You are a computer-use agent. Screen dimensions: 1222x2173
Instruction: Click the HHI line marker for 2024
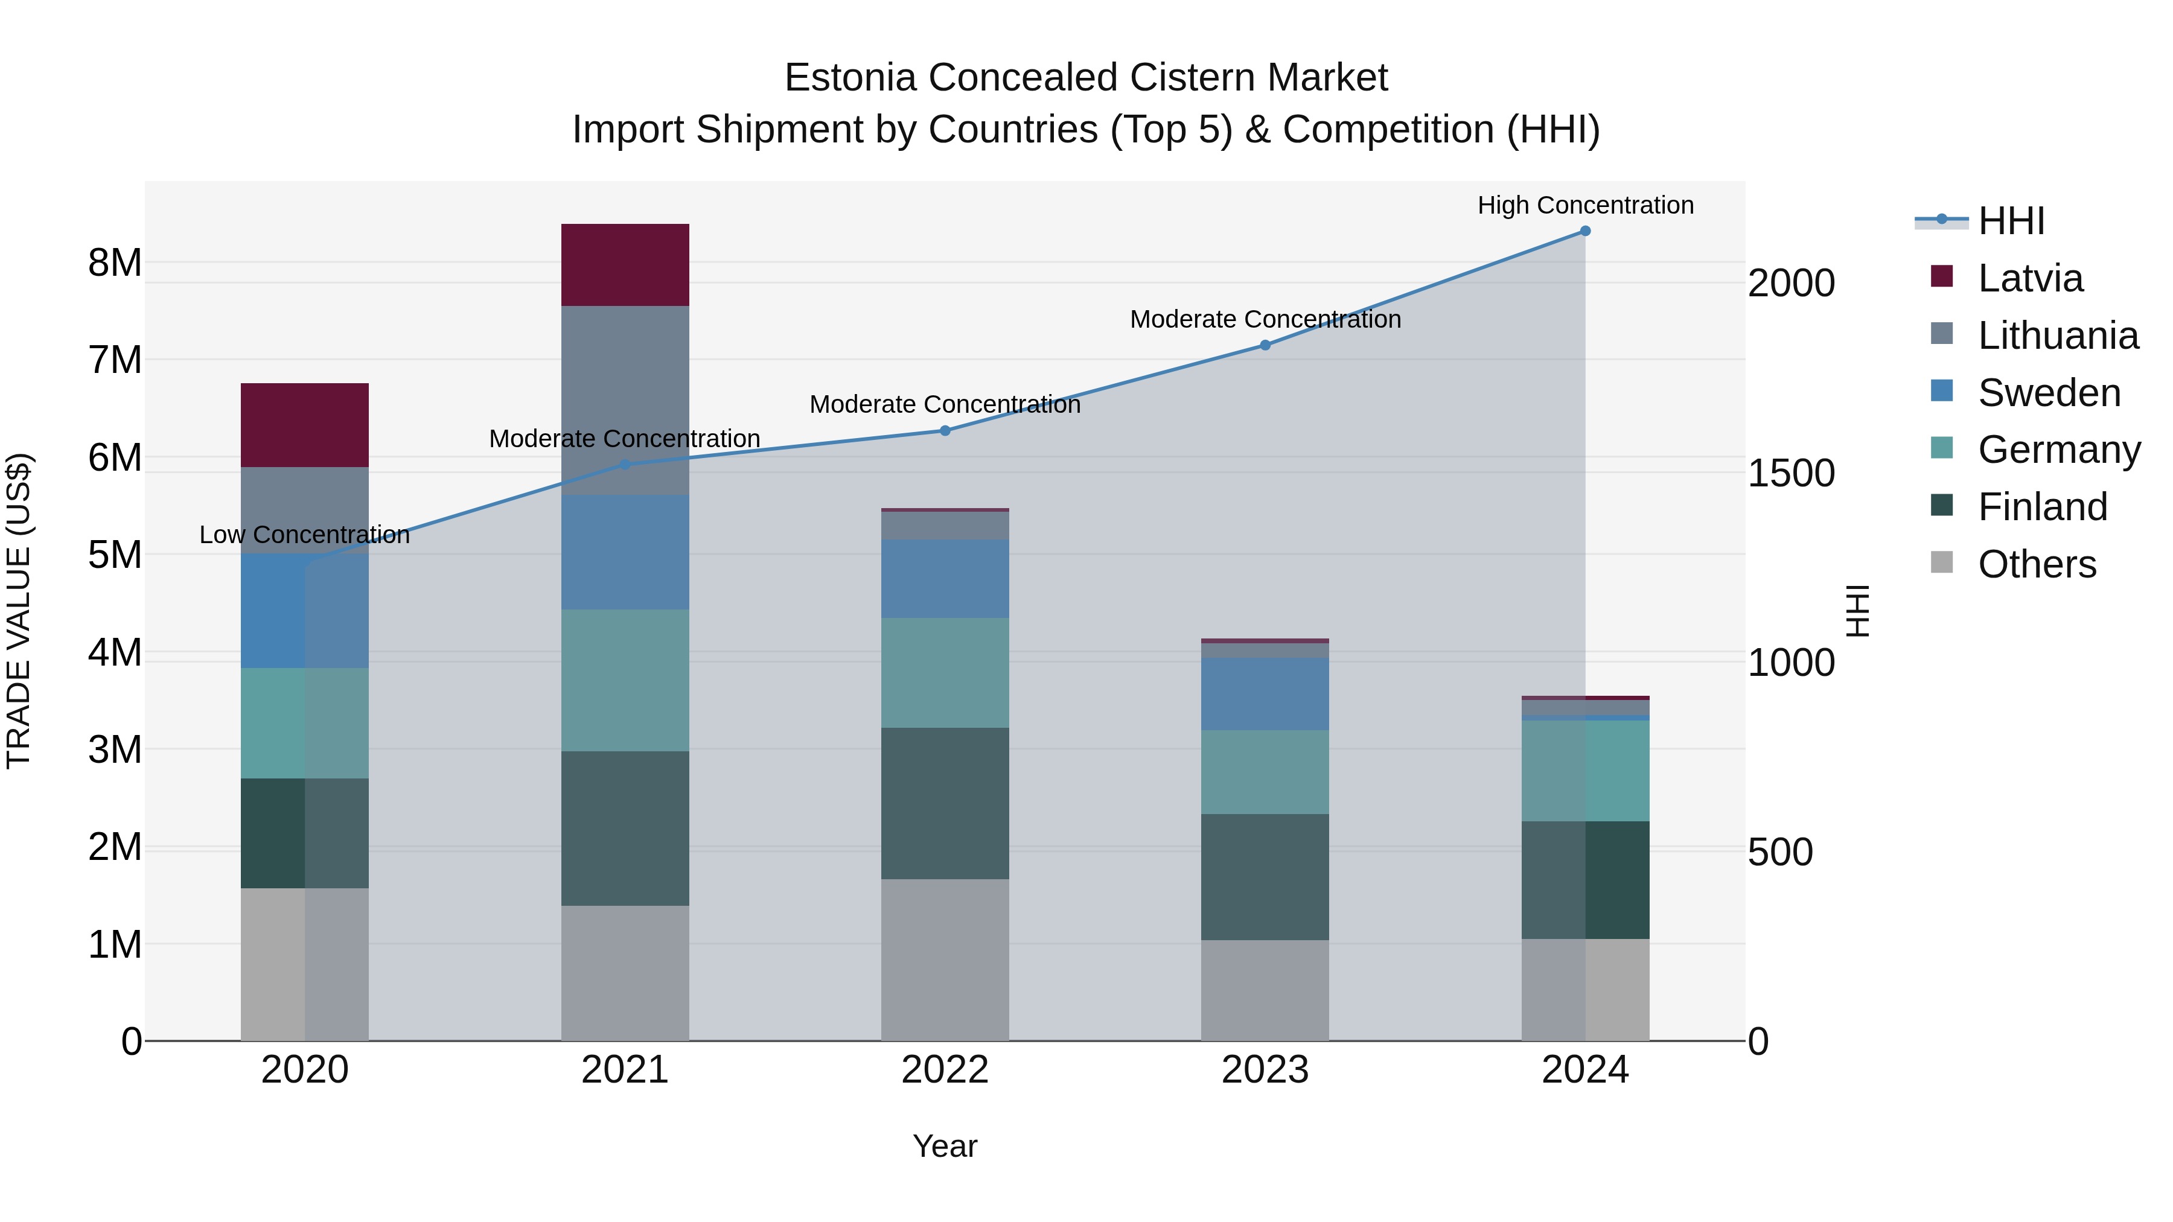1585,231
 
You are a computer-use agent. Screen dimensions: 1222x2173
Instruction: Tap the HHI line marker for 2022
945,431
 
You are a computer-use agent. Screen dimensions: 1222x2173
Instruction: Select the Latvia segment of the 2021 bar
625,265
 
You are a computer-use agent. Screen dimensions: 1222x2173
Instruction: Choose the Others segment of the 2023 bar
1265,990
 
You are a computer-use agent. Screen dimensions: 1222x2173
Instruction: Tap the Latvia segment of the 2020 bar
305,425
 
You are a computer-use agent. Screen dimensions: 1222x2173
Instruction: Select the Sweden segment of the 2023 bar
1265,694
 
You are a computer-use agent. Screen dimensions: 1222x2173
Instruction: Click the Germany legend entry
2058,450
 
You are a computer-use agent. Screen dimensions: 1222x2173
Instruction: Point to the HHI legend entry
2011,221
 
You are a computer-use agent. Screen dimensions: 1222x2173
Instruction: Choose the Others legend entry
2037,564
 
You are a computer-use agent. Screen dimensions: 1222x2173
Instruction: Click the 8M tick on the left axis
115,263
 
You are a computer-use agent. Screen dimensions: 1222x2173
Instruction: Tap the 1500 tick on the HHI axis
1790,473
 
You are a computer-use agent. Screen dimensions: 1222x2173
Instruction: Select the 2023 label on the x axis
1265,1070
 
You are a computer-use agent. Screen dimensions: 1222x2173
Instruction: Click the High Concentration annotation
1585,206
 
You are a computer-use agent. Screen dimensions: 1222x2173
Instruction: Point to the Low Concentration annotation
305,535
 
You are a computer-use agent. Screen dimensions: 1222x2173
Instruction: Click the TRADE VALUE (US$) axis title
19,611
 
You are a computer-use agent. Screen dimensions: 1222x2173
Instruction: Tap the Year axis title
945,1146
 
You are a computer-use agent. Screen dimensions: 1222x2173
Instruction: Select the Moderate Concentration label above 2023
1265,320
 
